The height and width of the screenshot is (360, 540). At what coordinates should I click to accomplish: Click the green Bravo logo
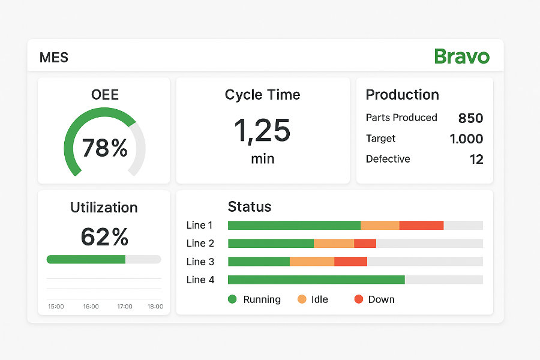click(462, 56)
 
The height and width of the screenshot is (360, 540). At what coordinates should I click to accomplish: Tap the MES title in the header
click(54, 58)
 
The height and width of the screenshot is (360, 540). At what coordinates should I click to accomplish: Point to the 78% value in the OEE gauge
click(104, 148)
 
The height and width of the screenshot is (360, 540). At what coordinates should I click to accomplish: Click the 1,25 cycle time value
click(262, 130)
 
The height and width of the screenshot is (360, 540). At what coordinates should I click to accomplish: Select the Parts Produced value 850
click(470, 118)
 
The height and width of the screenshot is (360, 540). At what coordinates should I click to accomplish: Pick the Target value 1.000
click(466, 139)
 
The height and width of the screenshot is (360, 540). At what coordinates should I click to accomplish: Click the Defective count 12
click(476, 159)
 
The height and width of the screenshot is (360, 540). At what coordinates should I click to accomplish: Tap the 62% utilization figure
click(104, 237)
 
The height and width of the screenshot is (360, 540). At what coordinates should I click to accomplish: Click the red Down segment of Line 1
click(421, 226)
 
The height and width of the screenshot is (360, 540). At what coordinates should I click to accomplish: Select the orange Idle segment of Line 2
click(334, 244)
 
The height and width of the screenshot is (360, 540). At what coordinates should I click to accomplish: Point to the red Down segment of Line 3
click(350, 262)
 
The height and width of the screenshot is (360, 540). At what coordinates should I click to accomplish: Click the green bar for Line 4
click(316, 280)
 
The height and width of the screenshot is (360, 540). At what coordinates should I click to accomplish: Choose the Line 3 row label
click(200, 262)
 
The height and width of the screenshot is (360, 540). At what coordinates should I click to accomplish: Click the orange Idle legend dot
click(302, 299)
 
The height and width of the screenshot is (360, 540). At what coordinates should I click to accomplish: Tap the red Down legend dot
click(359, 299)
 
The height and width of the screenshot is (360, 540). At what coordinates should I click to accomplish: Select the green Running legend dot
click(233, 299)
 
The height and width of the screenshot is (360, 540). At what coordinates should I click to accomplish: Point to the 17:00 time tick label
click(125, 307)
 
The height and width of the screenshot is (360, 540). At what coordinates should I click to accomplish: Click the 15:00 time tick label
click(56, 307)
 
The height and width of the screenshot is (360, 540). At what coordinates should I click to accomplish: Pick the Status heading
click(250, 207)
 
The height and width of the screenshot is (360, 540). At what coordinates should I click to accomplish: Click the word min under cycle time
click(262, 159)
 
